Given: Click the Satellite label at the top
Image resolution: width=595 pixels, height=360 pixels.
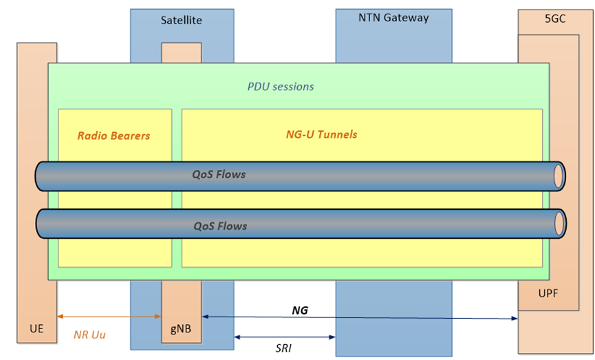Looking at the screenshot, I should [x=182, y=21].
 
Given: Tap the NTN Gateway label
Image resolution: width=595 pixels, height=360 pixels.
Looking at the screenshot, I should [x=393, y=18].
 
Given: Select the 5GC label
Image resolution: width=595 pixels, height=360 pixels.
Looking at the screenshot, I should [x=554, y=19].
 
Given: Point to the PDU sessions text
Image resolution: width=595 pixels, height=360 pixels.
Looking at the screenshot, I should [x=281, y=87].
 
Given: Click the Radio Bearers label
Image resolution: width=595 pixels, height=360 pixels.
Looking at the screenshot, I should [x=113, y=136].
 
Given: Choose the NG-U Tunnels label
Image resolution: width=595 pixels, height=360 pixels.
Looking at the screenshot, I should [x=321, y=134].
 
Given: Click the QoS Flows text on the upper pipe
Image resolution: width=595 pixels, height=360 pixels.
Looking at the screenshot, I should [x=219, y=175].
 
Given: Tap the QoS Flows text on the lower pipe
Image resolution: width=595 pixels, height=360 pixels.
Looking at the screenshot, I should [x=220, y=226].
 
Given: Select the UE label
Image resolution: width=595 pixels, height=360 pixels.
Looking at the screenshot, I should [x=36, y=329].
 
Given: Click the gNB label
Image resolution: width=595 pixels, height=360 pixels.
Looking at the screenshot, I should [x=180, y=329].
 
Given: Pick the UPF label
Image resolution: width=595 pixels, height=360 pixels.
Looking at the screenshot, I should [x=548, y=294].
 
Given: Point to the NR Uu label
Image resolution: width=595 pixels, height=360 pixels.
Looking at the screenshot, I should [x=89, y=335].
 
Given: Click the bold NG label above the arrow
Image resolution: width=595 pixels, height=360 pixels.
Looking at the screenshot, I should [x=300, y=310].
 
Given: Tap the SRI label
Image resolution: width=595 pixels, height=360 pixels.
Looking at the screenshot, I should [x=283, y=348].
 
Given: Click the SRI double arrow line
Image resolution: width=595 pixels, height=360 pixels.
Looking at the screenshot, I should [x=285, y=337].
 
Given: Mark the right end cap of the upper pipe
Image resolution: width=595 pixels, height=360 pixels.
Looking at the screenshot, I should [x=559, y=176].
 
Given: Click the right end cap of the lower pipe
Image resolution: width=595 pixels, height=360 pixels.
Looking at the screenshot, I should [x=559, y=224].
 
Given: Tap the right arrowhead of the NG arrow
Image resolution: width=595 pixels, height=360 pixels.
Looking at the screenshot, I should [x=515, y=318].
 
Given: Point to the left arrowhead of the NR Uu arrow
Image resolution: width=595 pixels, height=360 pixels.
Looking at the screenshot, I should [x=60, y=317].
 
